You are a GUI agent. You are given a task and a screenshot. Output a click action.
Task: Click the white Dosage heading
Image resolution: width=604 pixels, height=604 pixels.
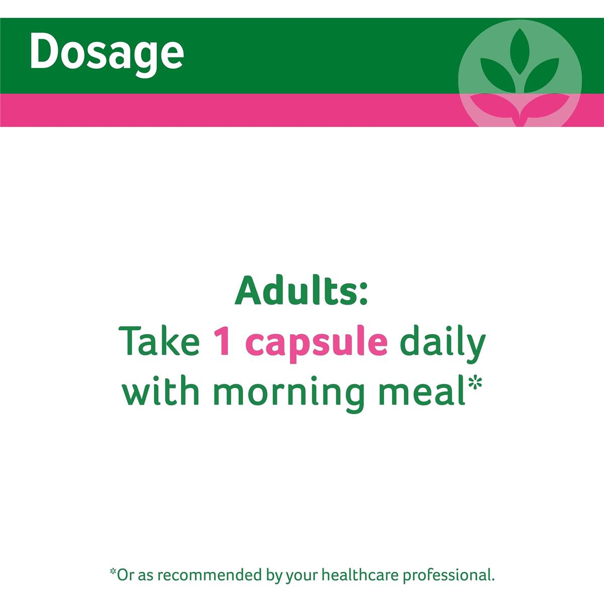[107, 53]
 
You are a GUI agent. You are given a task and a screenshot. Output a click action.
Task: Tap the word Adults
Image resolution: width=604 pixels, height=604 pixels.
[296, 290]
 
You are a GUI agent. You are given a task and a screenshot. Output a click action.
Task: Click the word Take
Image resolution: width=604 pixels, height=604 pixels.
[159, 341]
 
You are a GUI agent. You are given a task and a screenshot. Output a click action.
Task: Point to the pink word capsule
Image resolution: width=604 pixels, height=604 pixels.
[318, 345]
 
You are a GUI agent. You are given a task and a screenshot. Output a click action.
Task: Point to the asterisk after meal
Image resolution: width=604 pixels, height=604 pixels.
[475, 382]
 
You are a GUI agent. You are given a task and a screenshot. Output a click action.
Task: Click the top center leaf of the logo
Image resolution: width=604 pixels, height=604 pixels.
[519, 51]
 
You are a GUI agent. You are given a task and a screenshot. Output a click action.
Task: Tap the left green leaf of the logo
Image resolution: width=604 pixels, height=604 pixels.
[498, 75]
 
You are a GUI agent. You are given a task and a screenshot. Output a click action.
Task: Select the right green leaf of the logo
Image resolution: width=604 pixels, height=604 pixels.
[541, 75]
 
